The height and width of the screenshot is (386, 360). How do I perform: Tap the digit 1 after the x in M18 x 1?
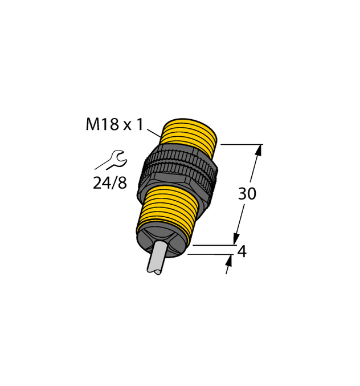139,125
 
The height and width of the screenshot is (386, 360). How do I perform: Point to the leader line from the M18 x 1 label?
153,135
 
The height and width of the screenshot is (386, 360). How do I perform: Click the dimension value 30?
247,194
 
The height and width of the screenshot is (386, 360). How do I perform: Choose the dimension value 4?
242,251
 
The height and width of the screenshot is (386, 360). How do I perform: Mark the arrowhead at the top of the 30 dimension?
260,150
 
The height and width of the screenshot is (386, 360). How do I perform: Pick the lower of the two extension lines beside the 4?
208,254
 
